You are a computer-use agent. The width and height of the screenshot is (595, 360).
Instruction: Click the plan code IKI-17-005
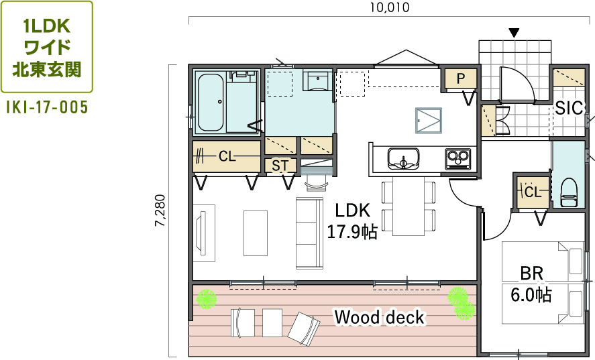[47, 107]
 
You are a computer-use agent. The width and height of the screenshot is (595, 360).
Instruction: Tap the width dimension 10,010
[390, 7]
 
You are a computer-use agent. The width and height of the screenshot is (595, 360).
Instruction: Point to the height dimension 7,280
[160, 211]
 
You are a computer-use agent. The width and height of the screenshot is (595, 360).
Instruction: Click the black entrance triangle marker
[515, 33]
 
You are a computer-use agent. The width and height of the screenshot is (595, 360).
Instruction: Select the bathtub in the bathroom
[210, 102]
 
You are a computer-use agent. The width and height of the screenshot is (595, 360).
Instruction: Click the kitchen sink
[403, 158]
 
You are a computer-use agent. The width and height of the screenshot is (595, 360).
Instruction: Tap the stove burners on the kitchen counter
[457, 159]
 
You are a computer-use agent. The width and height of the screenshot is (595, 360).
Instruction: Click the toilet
[569, 193]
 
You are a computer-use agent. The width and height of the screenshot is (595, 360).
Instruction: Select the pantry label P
[461, 78]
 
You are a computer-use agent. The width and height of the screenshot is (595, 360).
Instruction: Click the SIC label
[568, 109]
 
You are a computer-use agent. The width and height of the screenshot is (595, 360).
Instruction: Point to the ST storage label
[280, 166]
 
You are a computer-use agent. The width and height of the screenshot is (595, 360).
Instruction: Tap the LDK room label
[353, 211]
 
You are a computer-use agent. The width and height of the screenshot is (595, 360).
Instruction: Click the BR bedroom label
[531, 274]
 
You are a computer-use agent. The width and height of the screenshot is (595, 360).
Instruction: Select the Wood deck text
[379, 317]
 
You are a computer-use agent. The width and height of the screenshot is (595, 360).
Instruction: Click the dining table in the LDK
[409, 206]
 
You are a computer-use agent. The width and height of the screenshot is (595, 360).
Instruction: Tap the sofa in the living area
[310, 233]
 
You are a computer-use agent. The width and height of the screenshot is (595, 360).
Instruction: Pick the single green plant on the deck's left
[207, 299]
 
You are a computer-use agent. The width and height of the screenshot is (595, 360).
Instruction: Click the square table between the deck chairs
[272, 323]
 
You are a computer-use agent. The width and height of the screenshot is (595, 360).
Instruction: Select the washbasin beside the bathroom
[316, 81]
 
